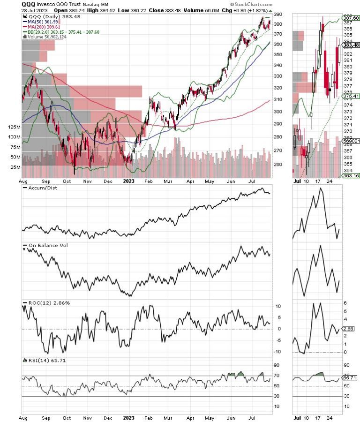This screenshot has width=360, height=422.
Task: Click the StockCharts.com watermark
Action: [x=251, y=4]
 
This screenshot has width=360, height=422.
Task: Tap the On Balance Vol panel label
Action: [x=46, y=246]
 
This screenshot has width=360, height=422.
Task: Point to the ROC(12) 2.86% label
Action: [x=46, y=303]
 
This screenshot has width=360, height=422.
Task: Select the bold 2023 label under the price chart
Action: [x=128, y=180]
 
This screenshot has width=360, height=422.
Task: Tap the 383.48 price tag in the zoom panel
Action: [x=351, y=45]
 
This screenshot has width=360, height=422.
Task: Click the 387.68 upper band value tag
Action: [x=351, y=18]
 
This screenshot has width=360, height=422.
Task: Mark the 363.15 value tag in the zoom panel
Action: [x=351, y=175]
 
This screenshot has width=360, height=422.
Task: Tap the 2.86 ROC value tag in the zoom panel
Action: [x=350, y=330]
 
